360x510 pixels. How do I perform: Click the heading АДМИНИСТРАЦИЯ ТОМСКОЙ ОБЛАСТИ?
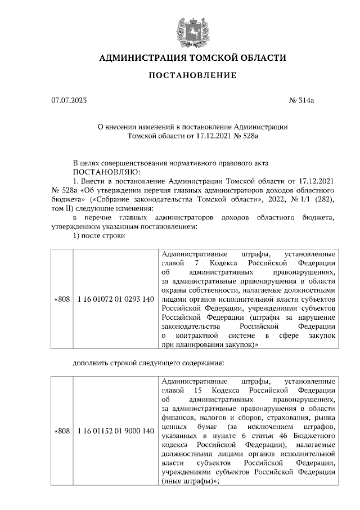[192, 58]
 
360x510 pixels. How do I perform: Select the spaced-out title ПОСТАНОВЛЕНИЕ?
[192, 75]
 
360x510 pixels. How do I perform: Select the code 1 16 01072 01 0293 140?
[115, 299]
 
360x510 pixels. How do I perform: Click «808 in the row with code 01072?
[61, 299]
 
